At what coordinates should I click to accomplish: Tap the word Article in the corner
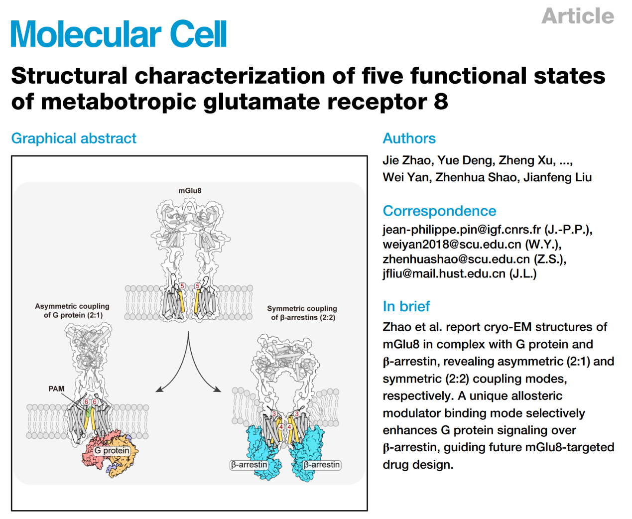(577, 16)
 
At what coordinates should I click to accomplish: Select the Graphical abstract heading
(74, 138)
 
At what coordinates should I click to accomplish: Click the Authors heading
(409, 138)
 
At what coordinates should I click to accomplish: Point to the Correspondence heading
(439, 211)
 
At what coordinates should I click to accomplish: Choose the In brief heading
(406, 306)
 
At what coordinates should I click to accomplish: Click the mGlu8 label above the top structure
(190, 191)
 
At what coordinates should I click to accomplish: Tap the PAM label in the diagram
(56, 389)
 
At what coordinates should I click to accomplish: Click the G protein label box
(112, 451)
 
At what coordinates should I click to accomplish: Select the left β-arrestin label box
(249, 465)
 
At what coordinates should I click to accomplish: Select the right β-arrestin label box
(322, 465)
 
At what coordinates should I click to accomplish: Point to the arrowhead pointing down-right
(218, 389)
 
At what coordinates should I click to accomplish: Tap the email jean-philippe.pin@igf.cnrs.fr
(461, 230)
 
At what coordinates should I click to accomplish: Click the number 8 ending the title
(441, 102)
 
